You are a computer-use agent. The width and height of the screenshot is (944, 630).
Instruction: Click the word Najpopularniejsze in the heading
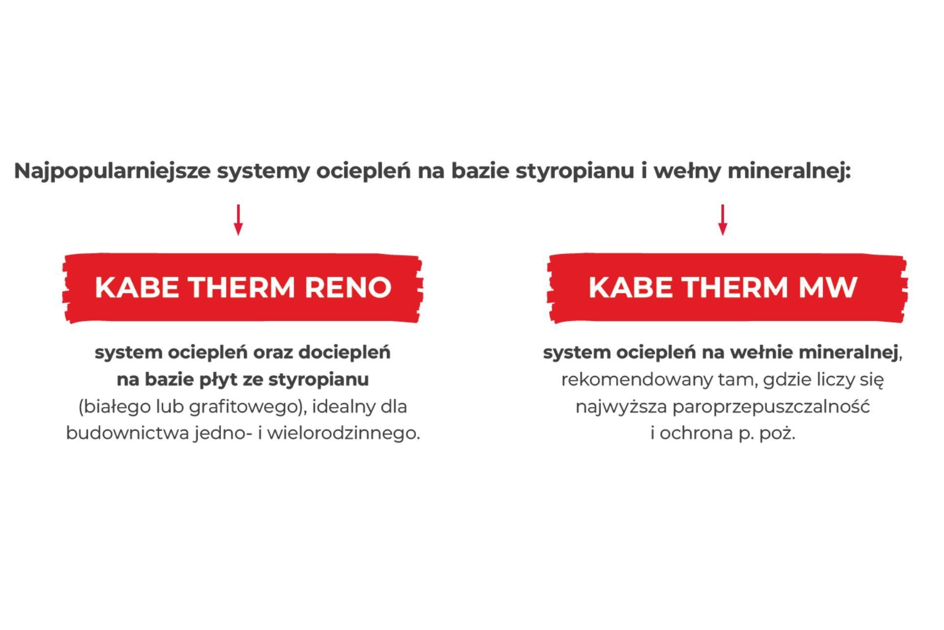[112, 172]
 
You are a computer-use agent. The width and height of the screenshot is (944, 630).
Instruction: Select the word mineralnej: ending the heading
[789, 172]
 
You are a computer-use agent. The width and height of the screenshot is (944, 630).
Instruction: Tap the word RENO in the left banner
[348, 287]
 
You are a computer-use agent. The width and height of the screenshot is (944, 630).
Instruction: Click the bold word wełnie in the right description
[762, 353]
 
